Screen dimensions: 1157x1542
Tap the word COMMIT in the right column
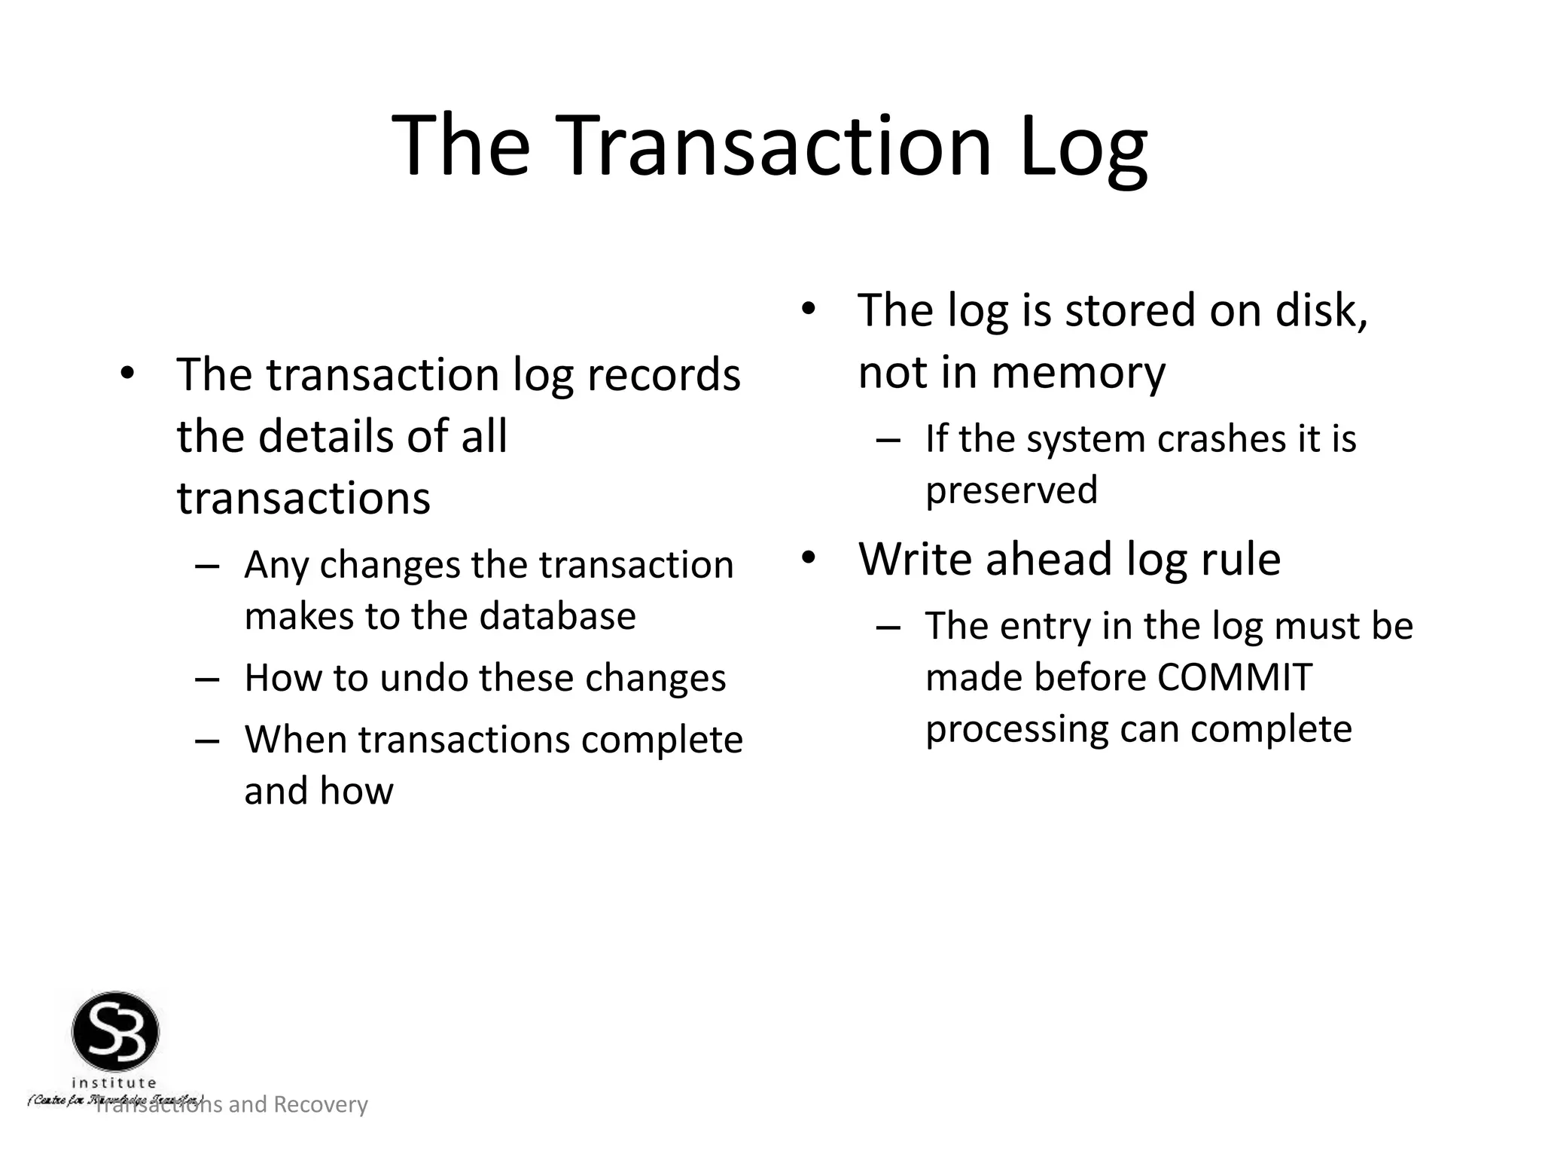click(1235, 677)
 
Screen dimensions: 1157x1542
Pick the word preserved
click(1011, 490)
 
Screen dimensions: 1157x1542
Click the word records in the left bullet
click(663, 374)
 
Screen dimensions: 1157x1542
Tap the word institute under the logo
click(114, 1083)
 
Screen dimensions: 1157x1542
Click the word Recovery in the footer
click(320, 1104)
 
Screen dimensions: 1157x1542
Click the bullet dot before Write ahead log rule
click(808, 558)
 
